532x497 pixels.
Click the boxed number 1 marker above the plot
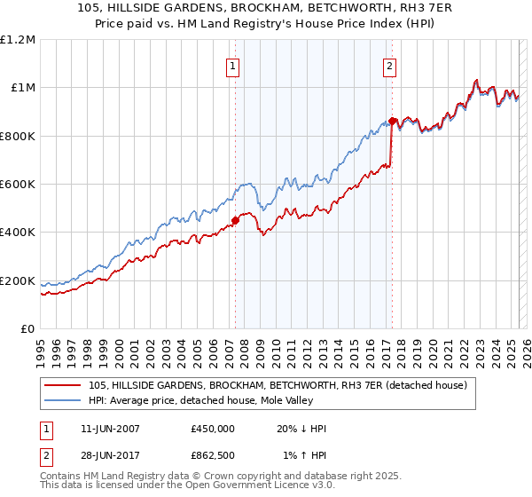[232, 65]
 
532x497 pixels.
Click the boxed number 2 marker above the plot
[389, 65]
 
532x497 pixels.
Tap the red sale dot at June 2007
[235, 220]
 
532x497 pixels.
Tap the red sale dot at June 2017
[392, 121]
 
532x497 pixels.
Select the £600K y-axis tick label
[18, 185]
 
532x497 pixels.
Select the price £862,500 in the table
[212, 456]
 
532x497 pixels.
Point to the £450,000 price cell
[212, 429]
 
